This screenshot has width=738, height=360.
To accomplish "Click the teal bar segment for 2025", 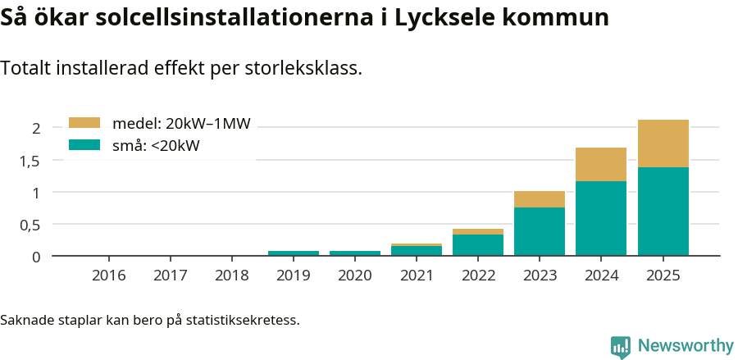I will tap(663, 212).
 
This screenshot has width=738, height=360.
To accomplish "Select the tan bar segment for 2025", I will tap(663, 144).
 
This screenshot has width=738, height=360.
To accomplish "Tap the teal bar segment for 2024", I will tap(601, 218).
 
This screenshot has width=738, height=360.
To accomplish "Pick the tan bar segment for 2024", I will tap(601, 164).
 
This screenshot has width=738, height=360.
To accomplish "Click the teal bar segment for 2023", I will tap(540, 231).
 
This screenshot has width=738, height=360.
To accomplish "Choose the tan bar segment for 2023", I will tap(540, 199).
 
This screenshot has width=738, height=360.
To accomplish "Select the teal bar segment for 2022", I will tap(478, 245).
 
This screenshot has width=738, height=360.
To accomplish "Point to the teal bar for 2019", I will tap(294, 253).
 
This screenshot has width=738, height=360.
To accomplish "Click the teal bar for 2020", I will tap(355, 253).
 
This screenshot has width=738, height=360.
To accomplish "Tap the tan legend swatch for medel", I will tap(84, 123).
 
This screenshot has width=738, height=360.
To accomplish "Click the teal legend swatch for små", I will tap(84, 145).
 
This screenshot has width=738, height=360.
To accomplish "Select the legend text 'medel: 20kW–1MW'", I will tap(181, 124).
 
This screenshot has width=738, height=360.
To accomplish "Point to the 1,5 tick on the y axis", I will tap(30, 161).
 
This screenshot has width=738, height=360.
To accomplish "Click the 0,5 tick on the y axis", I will tap(30, 225).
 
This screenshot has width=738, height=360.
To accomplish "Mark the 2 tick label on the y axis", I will tap(36, 128).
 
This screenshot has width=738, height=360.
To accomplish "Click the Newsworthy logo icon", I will tap(621, 347).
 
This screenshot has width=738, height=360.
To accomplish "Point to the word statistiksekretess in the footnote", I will tap(243, 319).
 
